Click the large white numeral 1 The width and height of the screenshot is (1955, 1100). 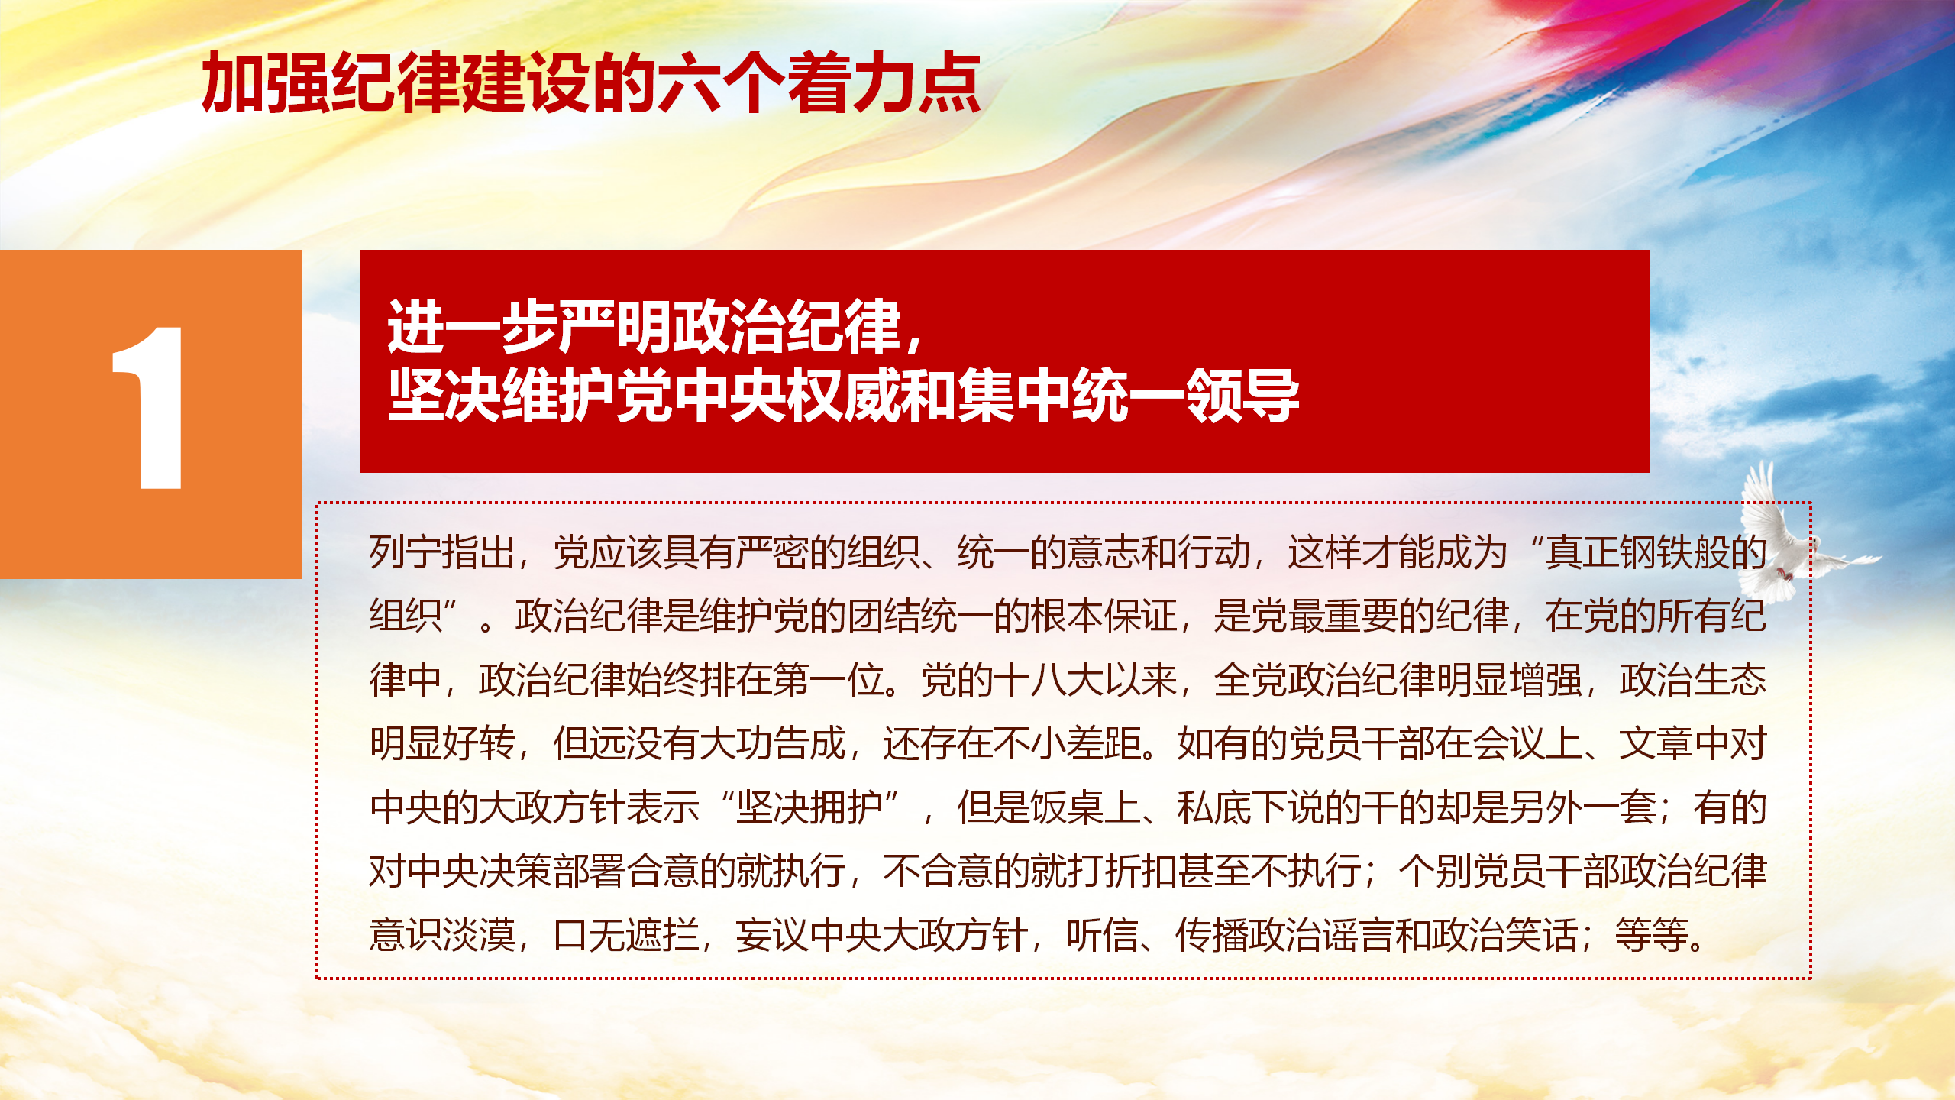coord(150,408)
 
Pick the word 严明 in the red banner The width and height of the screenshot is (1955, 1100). coord(616,327)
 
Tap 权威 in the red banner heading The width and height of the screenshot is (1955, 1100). coord(844,395)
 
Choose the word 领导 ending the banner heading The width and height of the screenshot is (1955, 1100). coord(1242,395)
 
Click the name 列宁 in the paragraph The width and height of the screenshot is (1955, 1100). coord(406,552)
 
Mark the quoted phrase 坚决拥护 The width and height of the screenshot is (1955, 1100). coord(809,807)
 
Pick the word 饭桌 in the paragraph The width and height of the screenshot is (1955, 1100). coord(1067,807)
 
